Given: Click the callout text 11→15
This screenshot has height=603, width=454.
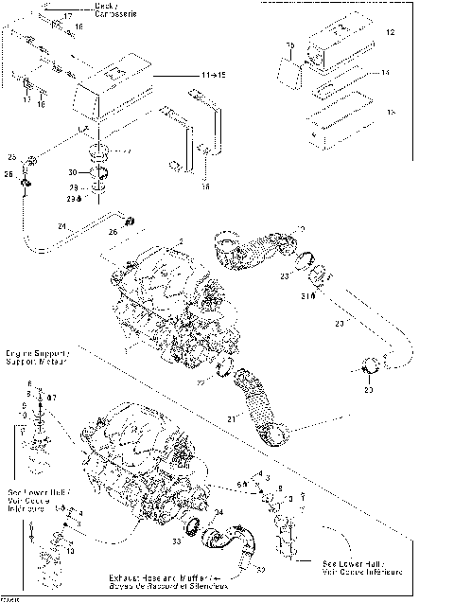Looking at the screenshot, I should click(186, 72).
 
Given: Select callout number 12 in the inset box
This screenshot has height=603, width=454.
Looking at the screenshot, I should click(390, 33).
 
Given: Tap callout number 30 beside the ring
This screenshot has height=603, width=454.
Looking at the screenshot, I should click(85, 173).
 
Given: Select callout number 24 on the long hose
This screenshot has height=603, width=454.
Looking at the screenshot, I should click(61, 226).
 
